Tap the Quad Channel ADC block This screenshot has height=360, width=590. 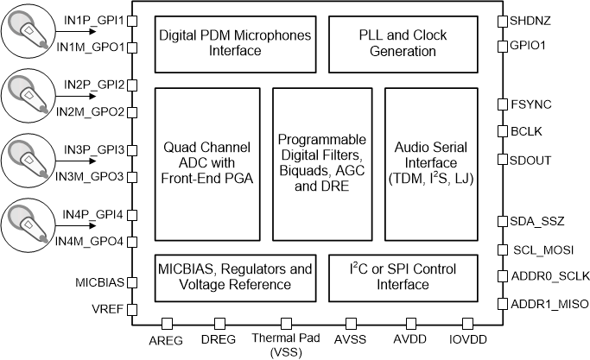206,164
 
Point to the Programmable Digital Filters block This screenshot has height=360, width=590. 321,164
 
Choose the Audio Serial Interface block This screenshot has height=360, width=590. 429,164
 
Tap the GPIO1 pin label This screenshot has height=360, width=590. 529,46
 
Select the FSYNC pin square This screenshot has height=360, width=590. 502,104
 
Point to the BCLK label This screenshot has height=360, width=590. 526,132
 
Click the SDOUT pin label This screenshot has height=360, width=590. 530,160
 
